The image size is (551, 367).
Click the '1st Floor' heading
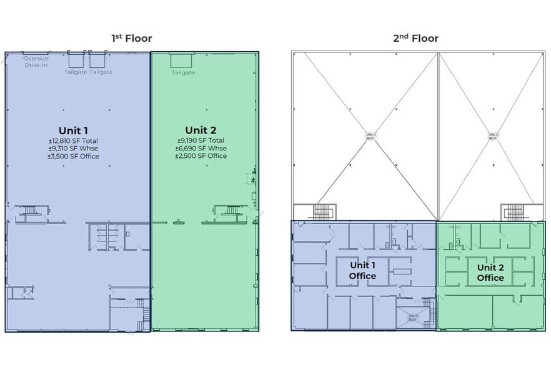131,38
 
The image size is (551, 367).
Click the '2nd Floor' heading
415,38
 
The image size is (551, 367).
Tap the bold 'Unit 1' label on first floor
73,130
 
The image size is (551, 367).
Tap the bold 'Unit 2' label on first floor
201,130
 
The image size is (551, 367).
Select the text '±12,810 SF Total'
73,141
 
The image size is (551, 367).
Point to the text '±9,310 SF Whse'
73,149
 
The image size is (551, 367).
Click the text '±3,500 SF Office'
73,156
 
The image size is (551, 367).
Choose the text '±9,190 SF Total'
201,140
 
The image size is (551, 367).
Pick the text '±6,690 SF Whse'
201,148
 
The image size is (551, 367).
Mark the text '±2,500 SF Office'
201,155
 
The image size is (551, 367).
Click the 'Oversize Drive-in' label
36,61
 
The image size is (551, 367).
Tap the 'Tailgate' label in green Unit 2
183,72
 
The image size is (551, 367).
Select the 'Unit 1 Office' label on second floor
362,271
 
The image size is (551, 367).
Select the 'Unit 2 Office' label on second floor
490,273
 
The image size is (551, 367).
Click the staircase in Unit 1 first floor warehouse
26,212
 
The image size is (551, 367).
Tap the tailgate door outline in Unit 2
182,61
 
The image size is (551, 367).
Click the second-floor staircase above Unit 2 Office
513,213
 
